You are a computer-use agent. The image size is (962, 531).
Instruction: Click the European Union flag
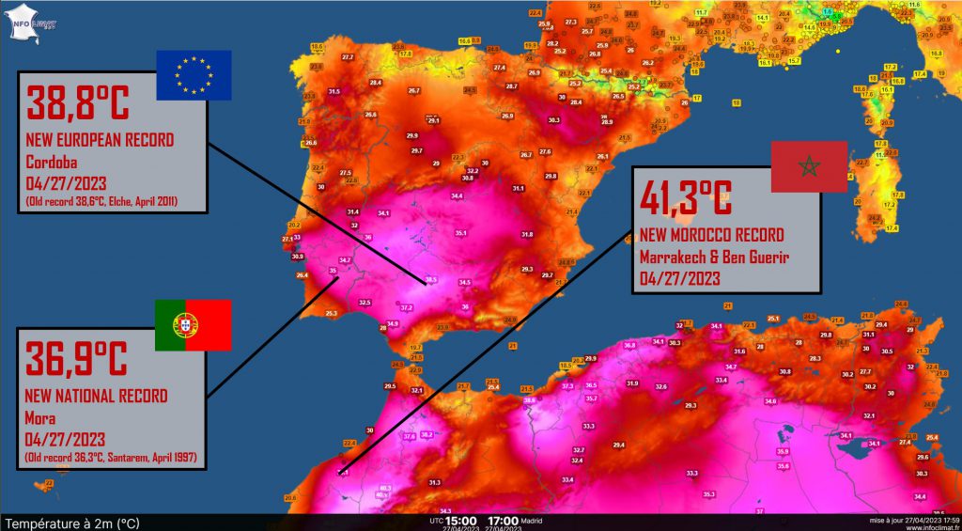[x=194, y=74]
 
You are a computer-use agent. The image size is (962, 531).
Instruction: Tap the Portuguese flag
[x=194, y=325]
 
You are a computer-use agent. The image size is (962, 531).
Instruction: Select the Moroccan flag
[x=809, y=167]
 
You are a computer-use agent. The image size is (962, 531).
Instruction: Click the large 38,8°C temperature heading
[x=77, y=104]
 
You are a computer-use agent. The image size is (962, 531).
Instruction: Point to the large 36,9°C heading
[x=77, y=358]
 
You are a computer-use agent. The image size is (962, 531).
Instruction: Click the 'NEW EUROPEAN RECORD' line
[x=101, y=140]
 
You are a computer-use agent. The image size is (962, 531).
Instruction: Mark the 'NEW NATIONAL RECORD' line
[x=97, y=397]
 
